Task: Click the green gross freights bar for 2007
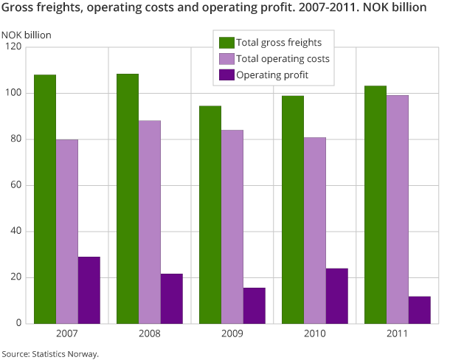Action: coord(44,199)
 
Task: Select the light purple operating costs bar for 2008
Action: coord(149,222)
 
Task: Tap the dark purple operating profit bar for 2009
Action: coord(254,305)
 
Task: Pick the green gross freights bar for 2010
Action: coord(292,210)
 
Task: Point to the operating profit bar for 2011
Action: coord(419,310)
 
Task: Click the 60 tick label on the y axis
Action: coord(16,185)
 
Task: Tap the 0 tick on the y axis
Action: coord(19,324)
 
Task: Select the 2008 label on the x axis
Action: coord(150,334)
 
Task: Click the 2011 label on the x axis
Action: coord(398,334)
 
